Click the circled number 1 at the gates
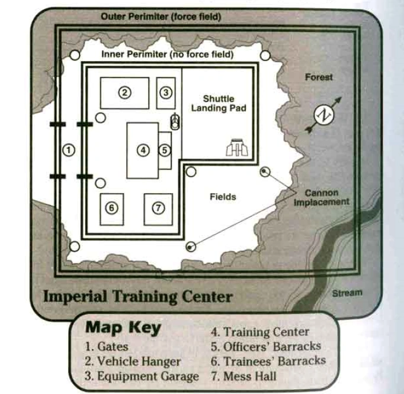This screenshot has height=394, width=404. [x=69, y=150]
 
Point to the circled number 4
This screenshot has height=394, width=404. [x=143, y=150]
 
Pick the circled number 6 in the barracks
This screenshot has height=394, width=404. [x=111, y=208]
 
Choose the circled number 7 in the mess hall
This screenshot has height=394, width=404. [x=158, y=208]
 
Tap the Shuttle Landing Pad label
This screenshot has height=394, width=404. [x=219, y=103]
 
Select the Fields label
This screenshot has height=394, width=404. [x=223, y=197]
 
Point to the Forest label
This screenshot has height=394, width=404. [x=319, y=77]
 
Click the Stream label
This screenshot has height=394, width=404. [x=347, y=293]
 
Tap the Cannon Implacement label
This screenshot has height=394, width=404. [x=322, y=197]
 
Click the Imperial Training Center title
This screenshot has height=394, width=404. [x=137, y=296]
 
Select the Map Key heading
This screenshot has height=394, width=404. [x=123, y=328]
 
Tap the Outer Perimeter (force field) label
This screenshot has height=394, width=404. [x=161, y=17]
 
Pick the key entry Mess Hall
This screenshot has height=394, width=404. [x=243, y=375]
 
